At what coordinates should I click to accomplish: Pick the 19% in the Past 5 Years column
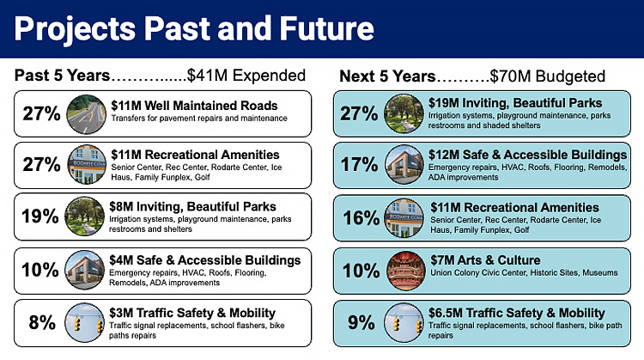(x=40, y=217)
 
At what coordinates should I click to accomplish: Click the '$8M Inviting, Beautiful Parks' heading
(x=194, y=207)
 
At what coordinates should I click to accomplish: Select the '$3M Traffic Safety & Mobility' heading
(x=193, y=312)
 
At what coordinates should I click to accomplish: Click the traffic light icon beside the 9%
(x=404, y=322)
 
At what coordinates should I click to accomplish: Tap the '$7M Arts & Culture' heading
(x=486, y=260)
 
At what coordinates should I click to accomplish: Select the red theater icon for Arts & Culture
(x=404, y=270)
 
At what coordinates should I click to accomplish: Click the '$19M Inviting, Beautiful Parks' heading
(x=515, y=103)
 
